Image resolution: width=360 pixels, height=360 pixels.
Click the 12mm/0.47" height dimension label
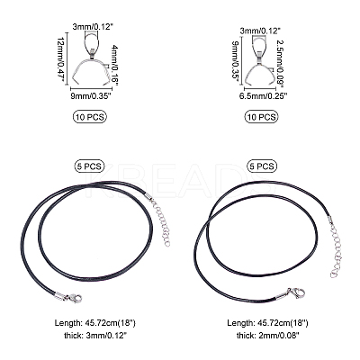[61, 59]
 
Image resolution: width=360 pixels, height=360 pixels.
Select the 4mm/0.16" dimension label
[115, 65]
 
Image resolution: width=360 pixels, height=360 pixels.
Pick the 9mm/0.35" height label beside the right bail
[236, 63]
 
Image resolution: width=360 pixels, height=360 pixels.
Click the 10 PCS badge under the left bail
[90, 116]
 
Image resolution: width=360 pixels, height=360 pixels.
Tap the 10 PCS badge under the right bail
[261, 116]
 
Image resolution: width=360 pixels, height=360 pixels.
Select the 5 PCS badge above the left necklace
[89, 166]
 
